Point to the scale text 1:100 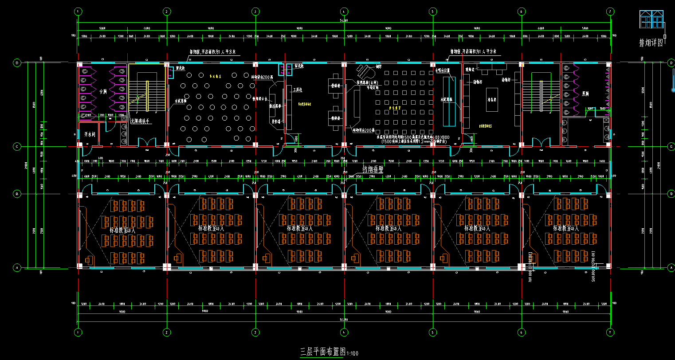point(352,353)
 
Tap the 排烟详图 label point(651,43)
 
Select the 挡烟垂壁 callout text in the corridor point(373,169)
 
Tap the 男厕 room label point(585,94)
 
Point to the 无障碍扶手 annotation point(141,121)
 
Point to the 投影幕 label point(276,120)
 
